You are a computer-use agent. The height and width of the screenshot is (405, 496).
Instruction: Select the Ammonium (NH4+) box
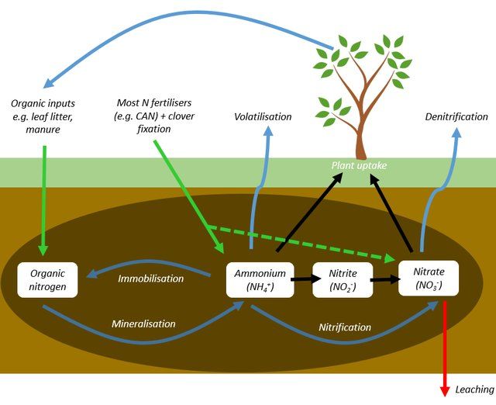click(x=260, y=280)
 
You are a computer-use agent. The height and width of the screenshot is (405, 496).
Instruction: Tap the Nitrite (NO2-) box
click(x=342, y=280)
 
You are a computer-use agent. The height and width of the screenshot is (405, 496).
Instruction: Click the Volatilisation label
click(x=263, y=116)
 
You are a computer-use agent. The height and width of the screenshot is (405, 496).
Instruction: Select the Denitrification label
click(x=457, y=116)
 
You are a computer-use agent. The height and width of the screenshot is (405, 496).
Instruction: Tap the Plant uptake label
click(x=359, y=165)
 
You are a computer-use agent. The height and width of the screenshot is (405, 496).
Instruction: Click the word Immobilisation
click(x=150, y=278)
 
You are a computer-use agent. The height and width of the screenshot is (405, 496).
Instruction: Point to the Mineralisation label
click(x=143, y=324)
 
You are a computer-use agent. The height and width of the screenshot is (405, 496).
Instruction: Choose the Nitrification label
click(x=345, y=327)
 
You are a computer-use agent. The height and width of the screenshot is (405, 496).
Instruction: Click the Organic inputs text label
click(x=46, y=116)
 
